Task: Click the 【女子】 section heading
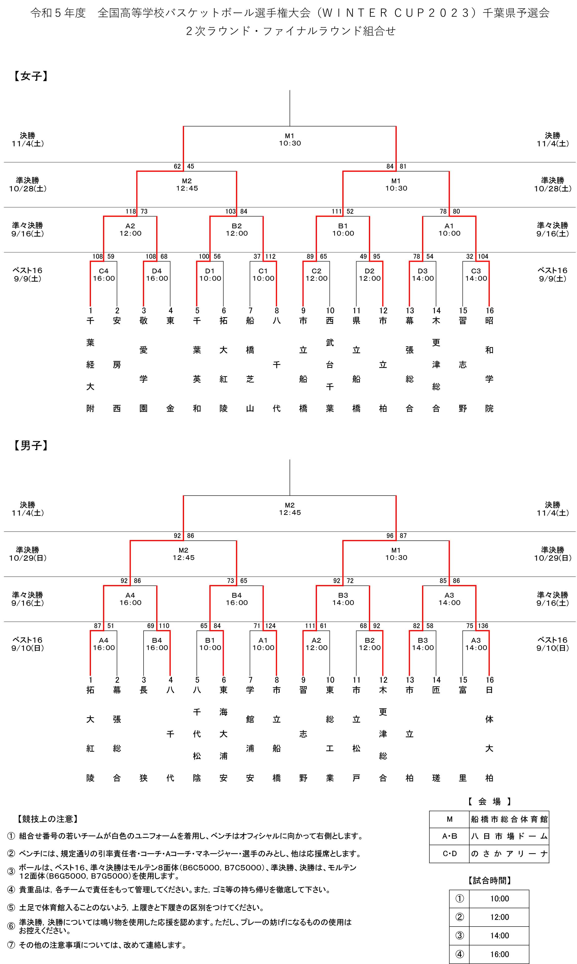coord(31,76)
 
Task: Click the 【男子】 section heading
coord(31,446)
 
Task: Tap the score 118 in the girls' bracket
coord(131,211)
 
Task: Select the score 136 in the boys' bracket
coord(483,626)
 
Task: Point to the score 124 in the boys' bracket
coord(270,626)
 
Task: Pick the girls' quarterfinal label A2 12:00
coord(130,230)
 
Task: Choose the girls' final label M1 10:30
coord(290,139)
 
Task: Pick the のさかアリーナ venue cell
coord(509,854)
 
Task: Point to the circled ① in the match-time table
coord(460,899)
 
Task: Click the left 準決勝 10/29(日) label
coord(28,554)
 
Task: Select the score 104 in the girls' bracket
coord(483,256)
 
